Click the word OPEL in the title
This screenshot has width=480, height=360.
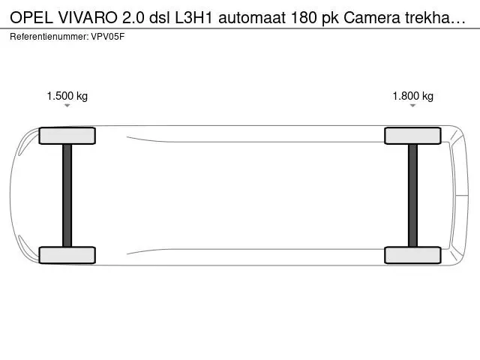coord(31,18)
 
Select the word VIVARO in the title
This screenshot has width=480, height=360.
coord(88,18)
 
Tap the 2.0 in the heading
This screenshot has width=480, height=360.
coord(133,18)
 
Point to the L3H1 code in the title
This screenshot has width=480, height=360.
coord(193,18)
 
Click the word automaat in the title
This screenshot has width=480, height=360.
coord(252,18)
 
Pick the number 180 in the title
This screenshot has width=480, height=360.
coord(303,18)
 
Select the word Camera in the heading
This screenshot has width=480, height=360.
coord(372,18)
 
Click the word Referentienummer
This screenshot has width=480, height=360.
coord(49,37)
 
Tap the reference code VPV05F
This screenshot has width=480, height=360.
coord(108,37)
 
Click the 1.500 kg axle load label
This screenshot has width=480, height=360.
coord(67,96)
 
